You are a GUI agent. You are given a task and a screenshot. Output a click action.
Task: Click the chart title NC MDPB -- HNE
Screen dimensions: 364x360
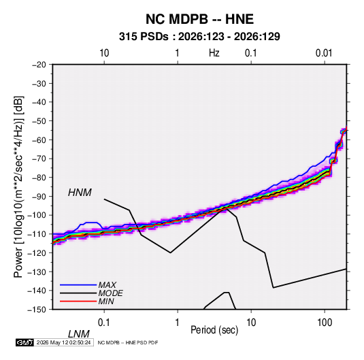[x=199, y=19]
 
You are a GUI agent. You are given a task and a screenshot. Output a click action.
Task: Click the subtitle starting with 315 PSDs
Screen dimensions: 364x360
[x=199, y=37]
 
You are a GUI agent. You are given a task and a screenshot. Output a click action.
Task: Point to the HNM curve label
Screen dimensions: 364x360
[x=80, y=193]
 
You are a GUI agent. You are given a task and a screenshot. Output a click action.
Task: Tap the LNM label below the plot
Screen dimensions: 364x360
[x=78, y=334]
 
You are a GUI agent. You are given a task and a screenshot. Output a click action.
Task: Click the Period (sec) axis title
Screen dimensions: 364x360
[x=214, y=330]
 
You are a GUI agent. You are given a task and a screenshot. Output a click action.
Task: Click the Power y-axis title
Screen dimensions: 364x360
[x=18, y=187]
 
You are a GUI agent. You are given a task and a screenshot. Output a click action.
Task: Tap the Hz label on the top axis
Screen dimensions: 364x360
[x=214, y=53]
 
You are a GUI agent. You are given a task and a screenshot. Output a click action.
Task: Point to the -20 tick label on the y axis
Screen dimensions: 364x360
[x=39, y=65]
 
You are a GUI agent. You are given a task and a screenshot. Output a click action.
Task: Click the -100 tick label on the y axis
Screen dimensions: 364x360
[x=37, y=215]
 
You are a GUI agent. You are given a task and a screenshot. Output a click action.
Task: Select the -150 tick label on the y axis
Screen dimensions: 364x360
[x=37, y=310]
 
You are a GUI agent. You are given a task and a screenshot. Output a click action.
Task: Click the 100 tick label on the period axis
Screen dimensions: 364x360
[x=325, y=323]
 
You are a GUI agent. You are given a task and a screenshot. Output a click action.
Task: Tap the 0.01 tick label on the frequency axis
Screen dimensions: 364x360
[x=324, y=53]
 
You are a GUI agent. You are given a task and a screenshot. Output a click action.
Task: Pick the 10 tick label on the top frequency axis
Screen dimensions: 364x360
[x=104, y=53]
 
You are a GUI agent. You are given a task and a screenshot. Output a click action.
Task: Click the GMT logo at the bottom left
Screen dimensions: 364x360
[x=25, y=342]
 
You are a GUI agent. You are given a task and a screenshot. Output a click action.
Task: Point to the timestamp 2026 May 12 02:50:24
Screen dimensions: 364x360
[x=63, y=342]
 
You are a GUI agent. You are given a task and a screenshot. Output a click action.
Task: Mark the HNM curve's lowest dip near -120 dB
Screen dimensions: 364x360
[x=170, y=252]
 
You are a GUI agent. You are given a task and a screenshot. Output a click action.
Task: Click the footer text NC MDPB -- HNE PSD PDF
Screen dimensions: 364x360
[x=128, y=342]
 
